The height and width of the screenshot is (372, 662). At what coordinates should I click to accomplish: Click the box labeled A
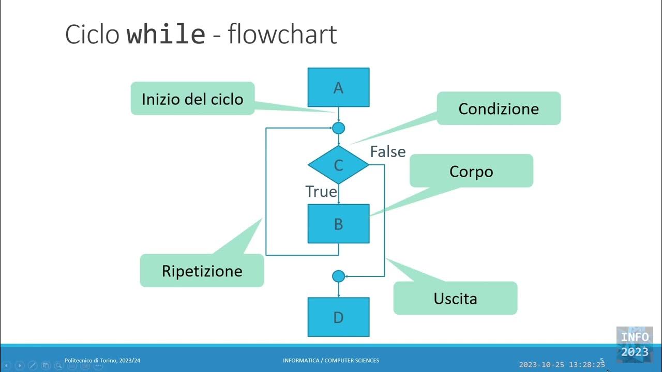tap(338, 87)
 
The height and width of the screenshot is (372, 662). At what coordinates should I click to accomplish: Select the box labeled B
tap(338, 224)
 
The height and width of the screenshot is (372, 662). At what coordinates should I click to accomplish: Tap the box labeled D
tap(338, 317)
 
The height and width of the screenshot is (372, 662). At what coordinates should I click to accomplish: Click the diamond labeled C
tap(338, 165)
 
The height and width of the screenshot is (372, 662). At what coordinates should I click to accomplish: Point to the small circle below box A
tap(338, 128)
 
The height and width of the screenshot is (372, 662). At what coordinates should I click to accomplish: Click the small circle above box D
tap(338, 276)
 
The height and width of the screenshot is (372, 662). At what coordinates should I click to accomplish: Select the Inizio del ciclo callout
tap(192, 98)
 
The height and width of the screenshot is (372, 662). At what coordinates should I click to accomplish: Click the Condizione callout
tap(499, 109)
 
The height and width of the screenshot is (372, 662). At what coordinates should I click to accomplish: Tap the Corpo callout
tap(471, 171)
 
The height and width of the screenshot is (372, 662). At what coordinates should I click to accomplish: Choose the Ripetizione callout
tap(202, 271)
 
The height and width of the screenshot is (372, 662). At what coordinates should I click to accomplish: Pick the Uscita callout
tap(455, 298)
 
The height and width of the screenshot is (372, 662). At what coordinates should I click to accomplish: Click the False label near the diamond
tap(388, 151)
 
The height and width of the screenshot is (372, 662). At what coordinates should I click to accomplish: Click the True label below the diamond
tap(321, 192)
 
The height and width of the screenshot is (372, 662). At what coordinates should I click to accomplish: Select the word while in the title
tap(166, 35)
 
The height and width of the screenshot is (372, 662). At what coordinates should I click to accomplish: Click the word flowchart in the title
tap(282, 35)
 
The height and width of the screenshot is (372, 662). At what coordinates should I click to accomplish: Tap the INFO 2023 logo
tap(635, 344)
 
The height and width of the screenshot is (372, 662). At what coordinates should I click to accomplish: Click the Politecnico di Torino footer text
tap(102, 360)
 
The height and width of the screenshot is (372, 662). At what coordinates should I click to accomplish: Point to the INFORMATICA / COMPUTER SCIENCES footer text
tap(331, 360)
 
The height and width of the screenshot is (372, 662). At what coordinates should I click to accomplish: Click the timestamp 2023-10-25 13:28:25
tap(562, 365)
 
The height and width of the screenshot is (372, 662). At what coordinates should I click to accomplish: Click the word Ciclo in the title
tap(93, 35)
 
